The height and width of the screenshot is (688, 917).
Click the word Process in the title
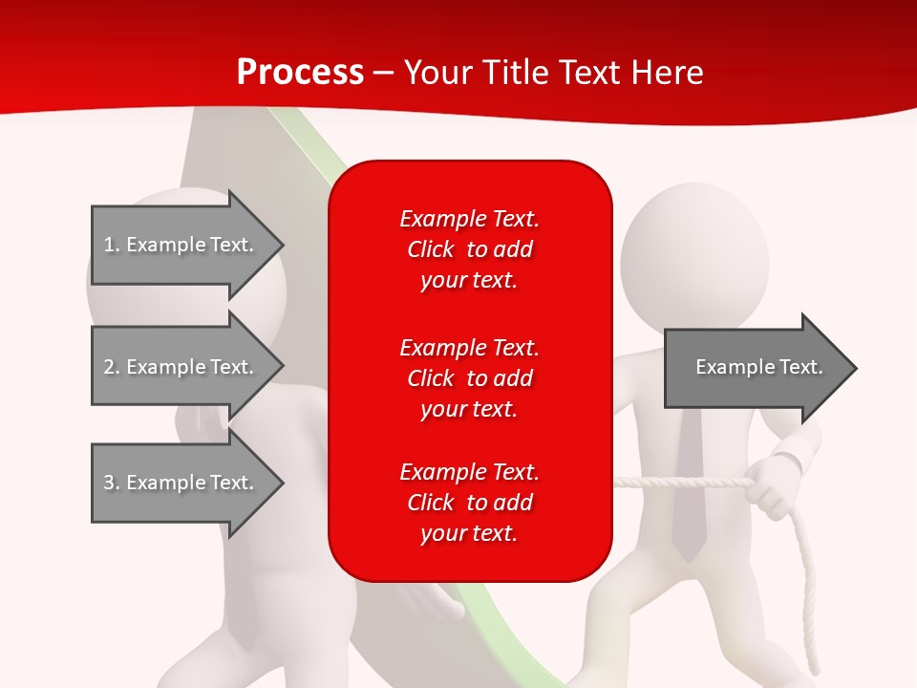pos(300,73)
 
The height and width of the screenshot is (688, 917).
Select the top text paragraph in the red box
pos(469,249)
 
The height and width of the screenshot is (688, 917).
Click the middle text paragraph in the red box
pos(469,378)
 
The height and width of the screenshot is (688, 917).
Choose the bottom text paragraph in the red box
pos(469,503)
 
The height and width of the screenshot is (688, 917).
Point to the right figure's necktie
pos(688,487)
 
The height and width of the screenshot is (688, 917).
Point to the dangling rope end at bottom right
pos(815,659)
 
